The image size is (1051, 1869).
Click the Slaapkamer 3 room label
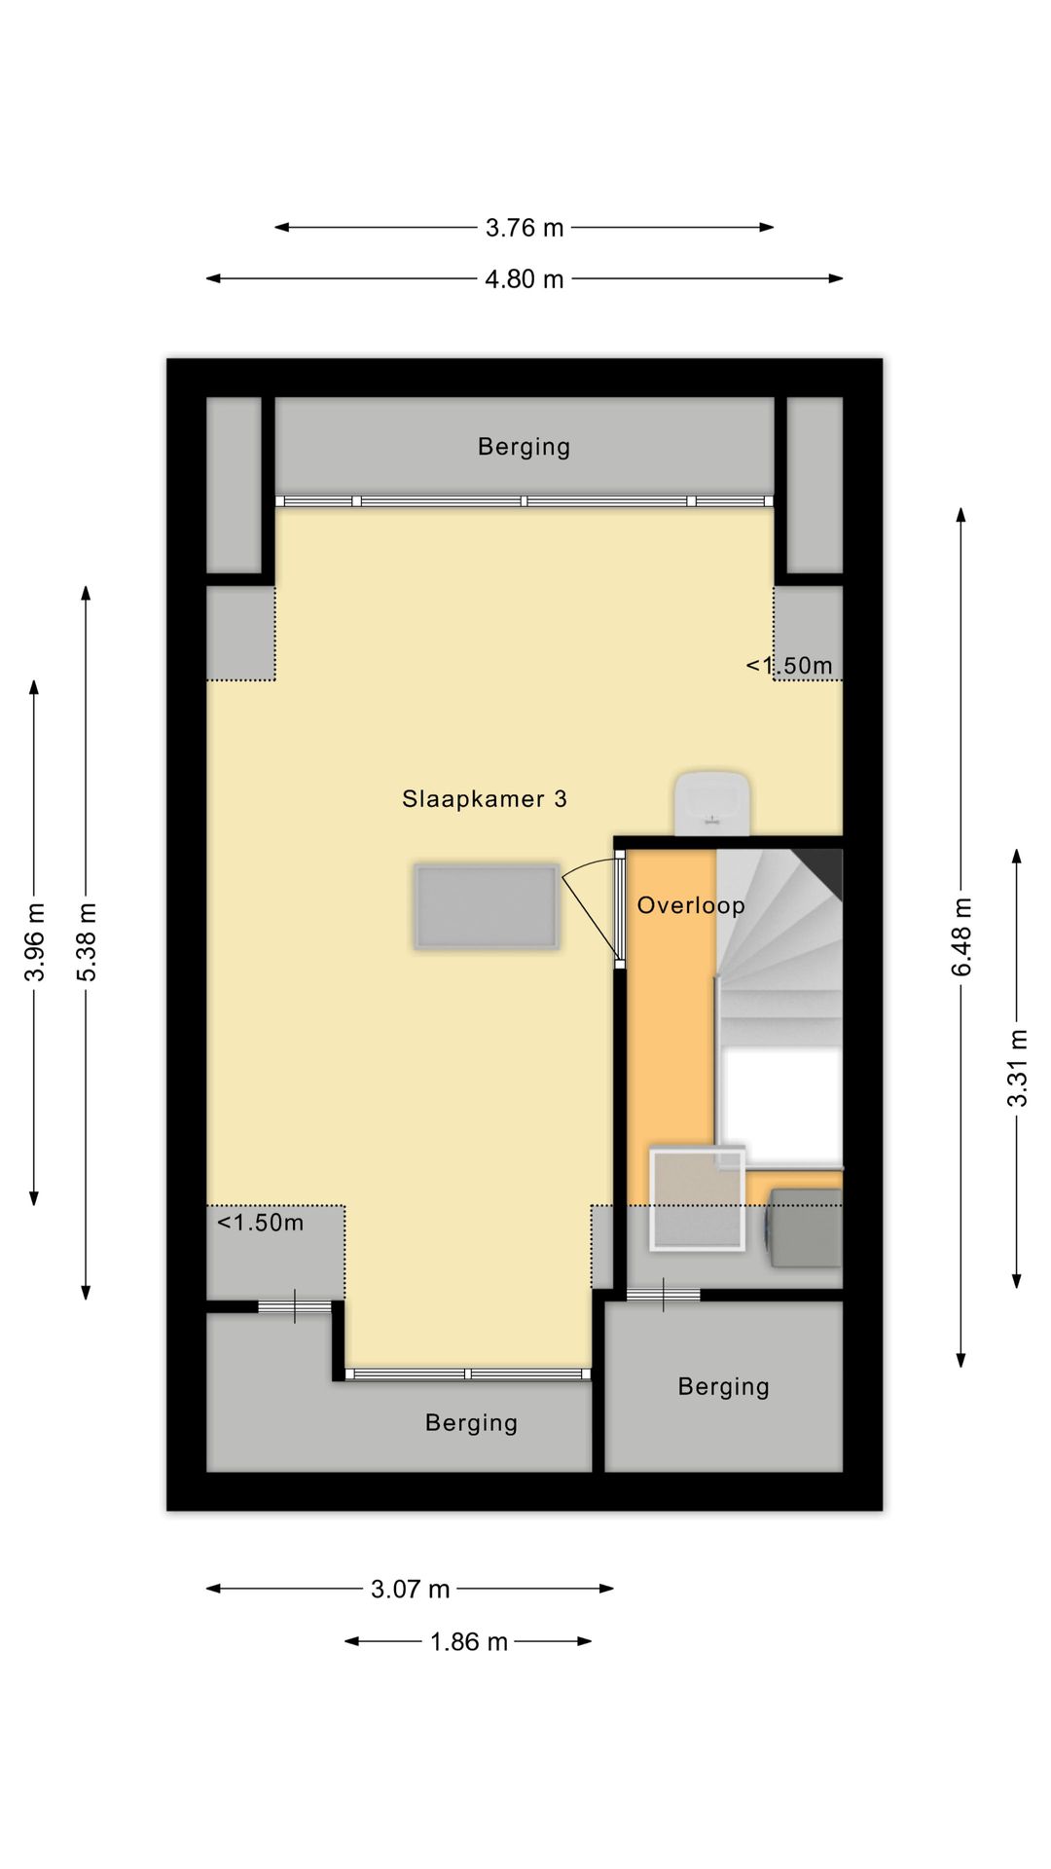pyautogui.click(x=484, y=799)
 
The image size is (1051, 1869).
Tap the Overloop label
pyautogui.click(x=691, y=905)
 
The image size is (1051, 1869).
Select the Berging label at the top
pyautogui.click(x=524, y=447)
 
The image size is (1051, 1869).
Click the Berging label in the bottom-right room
pyautogui.click(x=723, y=1386)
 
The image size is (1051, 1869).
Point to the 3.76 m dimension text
pyautogui.click(x=525, y=228)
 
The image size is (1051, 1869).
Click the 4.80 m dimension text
pyautogui.click(x=525, y=279)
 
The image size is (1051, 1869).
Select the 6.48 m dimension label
pyautogui.click(x=961, y=936)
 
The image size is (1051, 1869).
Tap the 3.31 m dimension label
pyautogui.click(x=1017, y=1068)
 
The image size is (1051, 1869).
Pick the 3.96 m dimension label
pyautogui.click(x=35, y=942)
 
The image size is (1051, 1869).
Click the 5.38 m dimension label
pyautogui.click(x=87, y=942)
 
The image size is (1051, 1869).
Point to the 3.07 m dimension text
pyautogui.click(x=410, y=1590)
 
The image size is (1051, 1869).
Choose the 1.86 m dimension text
pyautogui.click(x=469, y=1642)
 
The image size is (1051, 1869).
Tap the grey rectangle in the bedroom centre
pyautogui.click(x=486, y=906)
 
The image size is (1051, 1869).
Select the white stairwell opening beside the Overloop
pyautogui.click(x=779, y=1106)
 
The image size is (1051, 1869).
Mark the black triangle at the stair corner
pyautogui.click(x=823, y=868)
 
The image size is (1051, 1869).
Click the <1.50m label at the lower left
pyautogui.click(x=260, y=1223)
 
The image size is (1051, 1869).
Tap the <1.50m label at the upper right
pyautogui.click(x=789, y=666)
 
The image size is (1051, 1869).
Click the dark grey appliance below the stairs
pyautogui.click(x=805, y=1228)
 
